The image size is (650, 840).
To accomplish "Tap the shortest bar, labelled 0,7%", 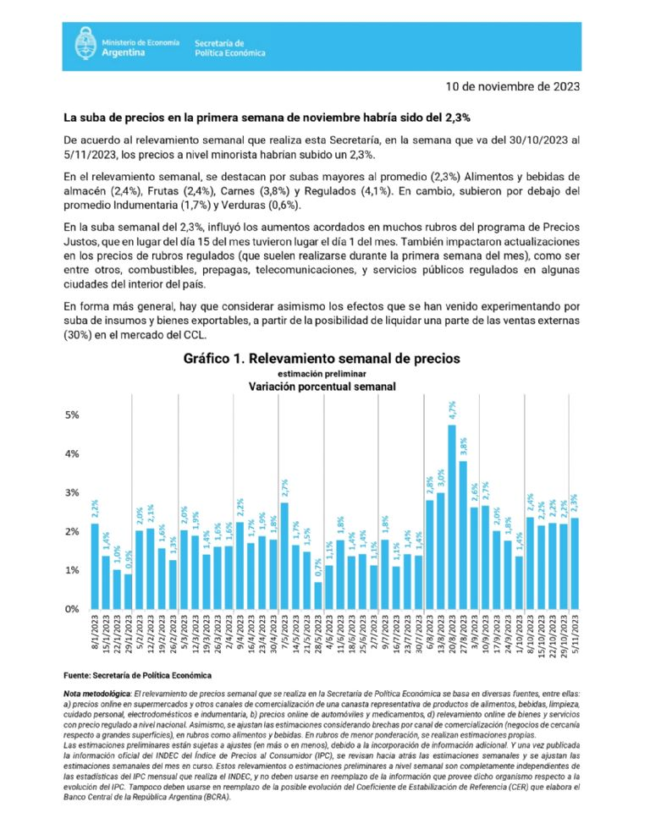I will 318,596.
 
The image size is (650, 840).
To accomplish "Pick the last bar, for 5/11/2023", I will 575,563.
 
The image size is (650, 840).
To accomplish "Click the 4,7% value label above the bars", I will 452,410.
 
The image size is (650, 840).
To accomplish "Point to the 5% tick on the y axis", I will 72,415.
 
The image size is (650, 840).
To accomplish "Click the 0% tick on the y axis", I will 72,609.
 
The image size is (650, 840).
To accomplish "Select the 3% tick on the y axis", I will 72,493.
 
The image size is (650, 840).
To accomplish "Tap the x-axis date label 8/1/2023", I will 95,639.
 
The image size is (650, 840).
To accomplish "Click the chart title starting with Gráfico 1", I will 322,359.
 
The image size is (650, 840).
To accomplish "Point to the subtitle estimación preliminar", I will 322,373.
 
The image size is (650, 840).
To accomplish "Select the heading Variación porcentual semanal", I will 322,387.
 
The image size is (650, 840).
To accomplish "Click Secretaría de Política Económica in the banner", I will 229,47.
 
